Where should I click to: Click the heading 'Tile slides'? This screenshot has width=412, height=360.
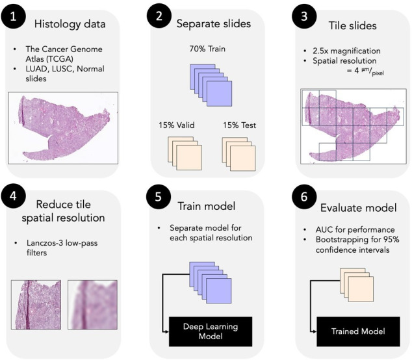(352, 23)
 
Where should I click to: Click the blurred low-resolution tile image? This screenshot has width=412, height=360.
(93, 306)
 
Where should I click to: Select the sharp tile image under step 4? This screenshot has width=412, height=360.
(36, 306)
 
